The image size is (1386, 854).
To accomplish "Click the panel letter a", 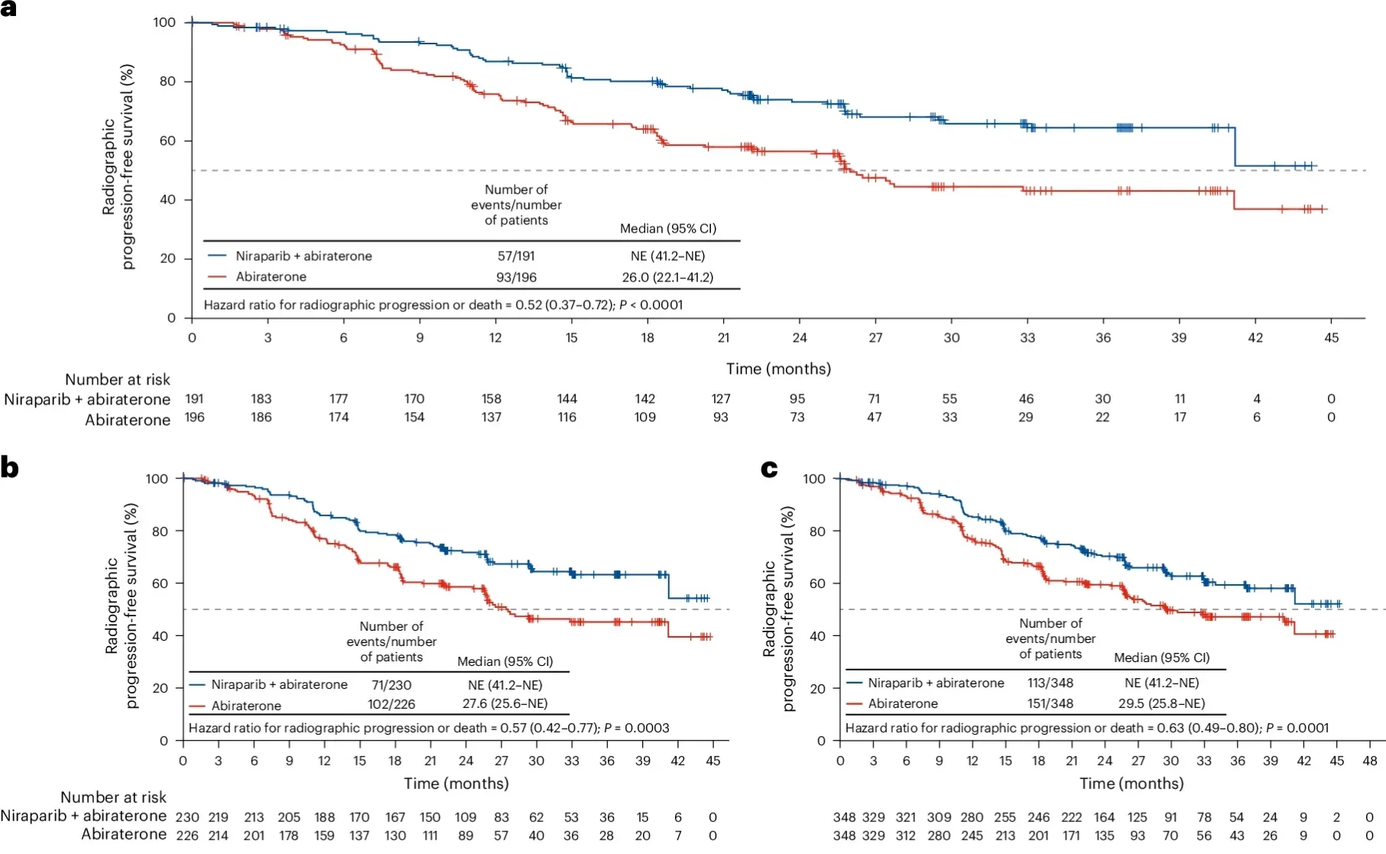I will pos(8,10).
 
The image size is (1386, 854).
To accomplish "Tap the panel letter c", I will pos(769,469).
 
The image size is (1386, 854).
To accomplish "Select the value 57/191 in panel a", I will pos(516,256).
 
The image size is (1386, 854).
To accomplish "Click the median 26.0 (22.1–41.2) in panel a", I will pos(667,277).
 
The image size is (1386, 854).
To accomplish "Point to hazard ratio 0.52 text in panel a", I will pos(443,304).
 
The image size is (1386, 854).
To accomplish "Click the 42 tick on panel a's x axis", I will pos(1255,337).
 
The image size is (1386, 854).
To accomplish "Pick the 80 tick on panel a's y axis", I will pos(167,81).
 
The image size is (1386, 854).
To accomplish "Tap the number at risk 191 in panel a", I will pos(194,398).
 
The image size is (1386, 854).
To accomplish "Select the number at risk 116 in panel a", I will pos(566,417).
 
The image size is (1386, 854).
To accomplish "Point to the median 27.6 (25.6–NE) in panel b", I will pos(505,703).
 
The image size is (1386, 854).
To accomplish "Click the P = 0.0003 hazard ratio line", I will pos(428,727).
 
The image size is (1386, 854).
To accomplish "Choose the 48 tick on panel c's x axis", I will pos(1370,761).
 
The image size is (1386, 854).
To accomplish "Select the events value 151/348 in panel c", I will pos(1050,703).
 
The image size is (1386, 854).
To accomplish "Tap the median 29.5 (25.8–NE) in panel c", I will pos(1161,703).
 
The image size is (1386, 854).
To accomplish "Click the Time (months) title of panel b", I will pos(456,783).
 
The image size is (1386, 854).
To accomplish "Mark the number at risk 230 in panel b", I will pos(187,817).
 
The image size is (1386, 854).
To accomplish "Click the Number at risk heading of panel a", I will pos(117,379).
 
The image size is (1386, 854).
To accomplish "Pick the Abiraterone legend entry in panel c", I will pos(902,703).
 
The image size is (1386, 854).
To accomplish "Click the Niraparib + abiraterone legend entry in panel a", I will pos(303,256).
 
